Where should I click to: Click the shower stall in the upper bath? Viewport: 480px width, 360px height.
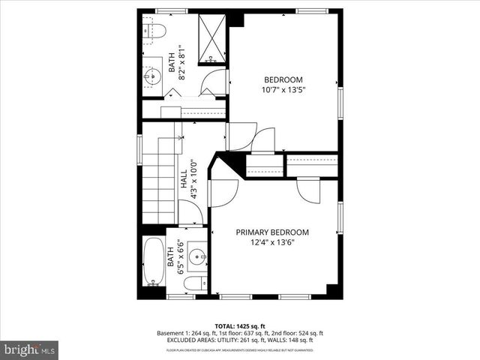pos(212,37)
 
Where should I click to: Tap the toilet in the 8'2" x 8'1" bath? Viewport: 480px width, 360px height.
pos(154,31)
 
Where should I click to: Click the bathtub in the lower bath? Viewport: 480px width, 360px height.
pos(155,262)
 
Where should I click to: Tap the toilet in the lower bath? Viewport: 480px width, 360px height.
pos(194,283)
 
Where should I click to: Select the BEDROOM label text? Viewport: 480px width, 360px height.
pos(283,80)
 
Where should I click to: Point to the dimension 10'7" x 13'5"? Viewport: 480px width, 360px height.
pos(283,91)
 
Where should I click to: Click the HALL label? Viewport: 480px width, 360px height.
pos(184,178)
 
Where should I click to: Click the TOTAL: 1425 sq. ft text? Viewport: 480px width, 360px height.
pos(239,325)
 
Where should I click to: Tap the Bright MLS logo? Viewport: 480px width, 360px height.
pos(30,349)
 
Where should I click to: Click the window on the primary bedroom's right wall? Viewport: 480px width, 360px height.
pos(340,217)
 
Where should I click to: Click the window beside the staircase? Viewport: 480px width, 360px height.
pos(139,148)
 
